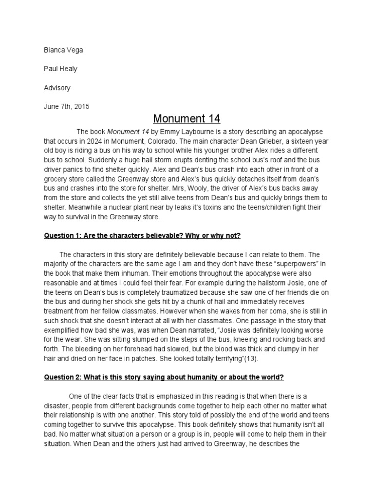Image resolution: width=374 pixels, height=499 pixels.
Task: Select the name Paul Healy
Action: click(x=60, y=69)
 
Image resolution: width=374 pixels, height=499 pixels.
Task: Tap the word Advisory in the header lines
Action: click(x=57, y=88)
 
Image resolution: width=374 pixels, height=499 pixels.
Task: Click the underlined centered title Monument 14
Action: click(x=187, y=118)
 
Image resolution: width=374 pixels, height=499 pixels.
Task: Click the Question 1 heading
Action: click(x=142, y=236)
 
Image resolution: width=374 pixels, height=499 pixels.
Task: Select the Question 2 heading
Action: click(x=171, y=377)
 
